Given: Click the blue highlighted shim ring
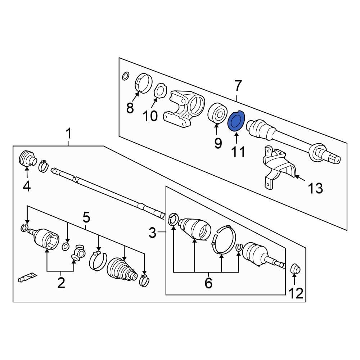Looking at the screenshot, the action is (x=236, y=121).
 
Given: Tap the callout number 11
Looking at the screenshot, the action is (x=238, y=152).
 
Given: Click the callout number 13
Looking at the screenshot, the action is (x=315, y=188).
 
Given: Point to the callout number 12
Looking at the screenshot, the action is (x=296, y=293).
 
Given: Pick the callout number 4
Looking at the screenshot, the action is (x=27, y=186).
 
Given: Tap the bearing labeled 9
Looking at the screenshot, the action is (x=217, y=114).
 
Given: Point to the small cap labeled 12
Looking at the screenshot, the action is (x=296, y=269).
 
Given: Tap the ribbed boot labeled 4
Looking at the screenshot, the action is (x=27, y=158).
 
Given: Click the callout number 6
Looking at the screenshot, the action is (x=208, y=283).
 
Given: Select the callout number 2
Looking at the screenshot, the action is (x=61, y=283).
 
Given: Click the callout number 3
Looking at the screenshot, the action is (x=152, y=233).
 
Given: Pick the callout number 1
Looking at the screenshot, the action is (x=69, y=134).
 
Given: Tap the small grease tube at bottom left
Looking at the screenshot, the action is (x=27, y=277).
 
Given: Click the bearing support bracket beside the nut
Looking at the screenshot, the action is (x=184, y=109).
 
